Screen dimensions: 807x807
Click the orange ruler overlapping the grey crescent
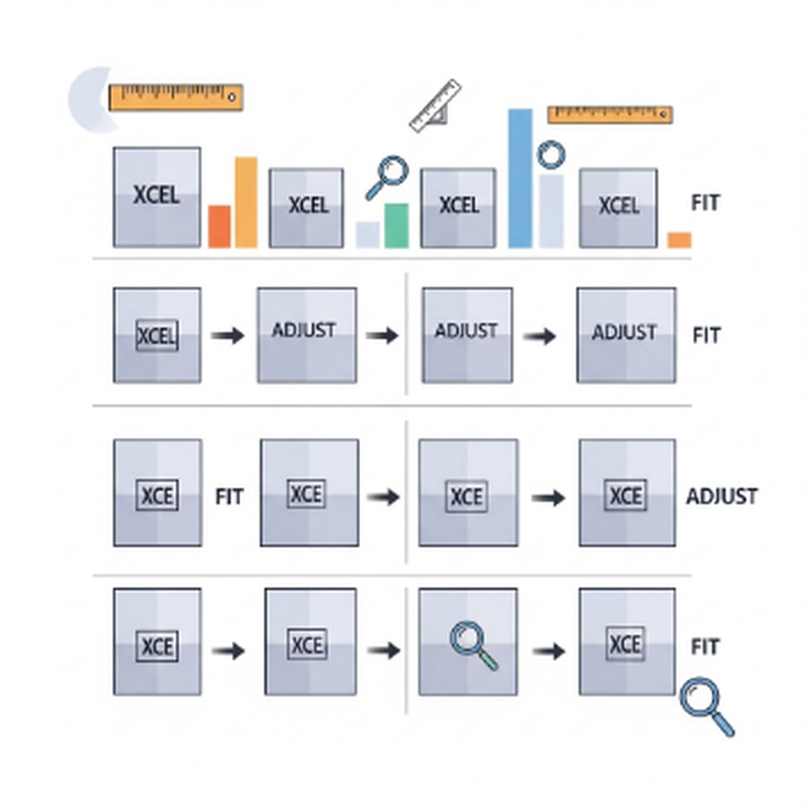175,97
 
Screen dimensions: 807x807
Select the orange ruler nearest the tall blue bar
610,114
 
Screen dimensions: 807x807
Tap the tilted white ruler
435,105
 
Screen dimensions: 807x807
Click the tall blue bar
520,178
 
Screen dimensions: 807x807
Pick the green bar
396,225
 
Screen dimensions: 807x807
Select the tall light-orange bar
246,203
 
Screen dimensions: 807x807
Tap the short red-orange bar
220,226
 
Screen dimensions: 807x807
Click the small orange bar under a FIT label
679,240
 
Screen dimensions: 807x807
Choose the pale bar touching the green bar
368,235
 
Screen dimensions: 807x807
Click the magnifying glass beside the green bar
388,176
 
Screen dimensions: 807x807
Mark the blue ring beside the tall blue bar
551,154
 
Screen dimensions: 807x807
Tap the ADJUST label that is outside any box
721,496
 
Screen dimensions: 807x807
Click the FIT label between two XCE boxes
229,496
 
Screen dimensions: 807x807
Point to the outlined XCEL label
157,337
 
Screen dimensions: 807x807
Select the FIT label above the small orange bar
705,203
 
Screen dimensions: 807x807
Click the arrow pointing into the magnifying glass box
384,650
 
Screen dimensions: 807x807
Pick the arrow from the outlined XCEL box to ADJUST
228,336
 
